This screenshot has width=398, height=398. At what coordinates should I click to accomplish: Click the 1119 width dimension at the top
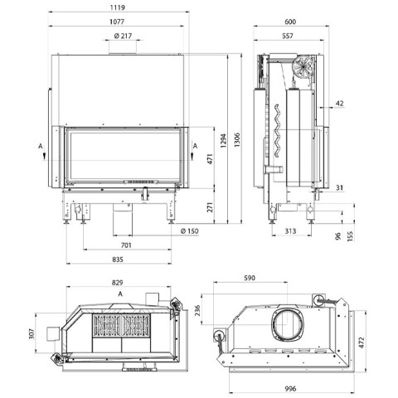click(x=118, y=7)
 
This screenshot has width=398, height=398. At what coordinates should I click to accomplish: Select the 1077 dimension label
click(x=117, y=22)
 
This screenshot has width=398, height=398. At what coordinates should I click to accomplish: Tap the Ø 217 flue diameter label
click(x=123, y=36)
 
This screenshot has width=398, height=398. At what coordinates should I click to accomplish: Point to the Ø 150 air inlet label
click(x=190, y=231)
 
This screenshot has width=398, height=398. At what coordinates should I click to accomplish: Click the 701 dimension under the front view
click(x=126, y=245)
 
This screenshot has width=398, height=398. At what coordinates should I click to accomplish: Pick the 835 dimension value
click(x=118, y=260)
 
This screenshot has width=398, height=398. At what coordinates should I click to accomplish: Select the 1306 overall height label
click(x=237, y=140)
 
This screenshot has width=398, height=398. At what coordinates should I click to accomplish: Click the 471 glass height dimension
click(x=211, y=159)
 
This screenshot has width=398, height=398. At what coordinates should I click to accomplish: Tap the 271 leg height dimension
click(x=211, y=207)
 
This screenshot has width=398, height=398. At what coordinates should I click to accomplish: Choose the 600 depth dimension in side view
click(x=290, y=22)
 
